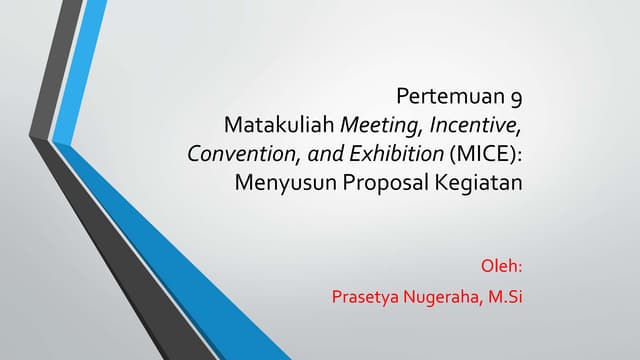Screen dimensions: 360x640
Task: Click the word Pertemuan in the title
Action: (451, 98)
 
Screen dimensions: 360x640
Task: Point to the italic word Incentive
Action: (474, 127)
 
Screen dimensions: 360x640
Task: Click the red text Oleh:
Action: (504, 267)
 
